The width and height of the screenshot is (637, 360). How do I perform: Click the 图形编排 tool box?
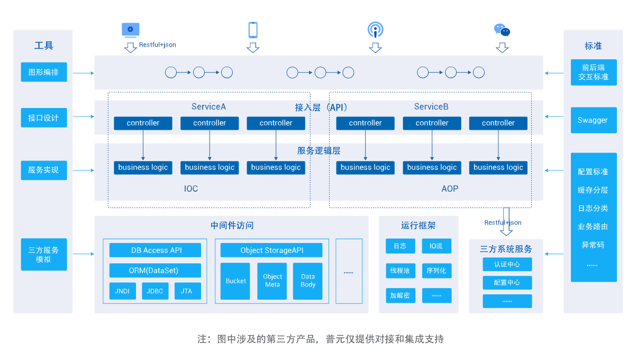pyautogui.click(x=44, y=72)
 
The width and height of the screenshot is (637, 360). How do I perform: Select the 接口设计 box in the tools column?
pyautogui.click(x=44, y=118)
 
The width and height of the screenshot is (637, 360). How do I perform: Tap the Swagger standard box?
pyautogui.click(x=593, y=120)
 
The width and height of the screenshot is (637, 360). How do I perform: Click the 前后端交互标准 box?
pyautogui.click(x=593, y=72)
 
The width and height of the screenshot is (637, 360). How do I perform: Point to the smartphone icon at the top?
pyautogui.click(x=253, y=30)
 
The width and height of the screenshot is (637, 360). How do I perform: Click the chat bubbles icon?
pyautogui.click(x=502, y=30)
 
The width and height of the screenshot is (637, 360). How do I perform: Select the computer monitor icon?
pyautogui.click(x=131, y=30)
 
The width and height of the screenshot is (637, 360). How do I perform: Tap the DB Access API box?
pyautogui.click(x=155, y=250)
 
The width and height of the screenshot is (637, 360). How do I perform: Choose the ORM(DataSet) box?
pyautogui.click(x=155, y=271)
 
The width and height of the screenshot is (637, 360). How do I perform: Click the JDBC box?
pyautogui.click(x=155, y=291)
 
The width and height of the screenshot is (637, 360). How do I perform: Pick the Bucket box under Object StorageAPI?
pyautogui.click(x=235, y=281)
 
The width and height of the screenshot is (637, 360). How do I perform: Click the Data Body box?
pyautogui.click(x=308, y=281)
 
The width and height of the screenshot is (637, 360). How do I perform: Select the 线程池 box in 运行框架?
pyautogui.click(x=400, y=271)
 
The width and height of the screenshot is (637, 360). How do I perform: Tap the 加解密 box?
pyautogui.click(x=400, y=295)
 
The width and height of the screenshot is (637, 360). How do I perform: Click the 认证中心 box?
pyautogui.click(x=507, y=264)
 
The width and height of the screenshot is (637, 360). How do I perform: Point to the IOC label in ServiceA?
pyautogui.click(x=191, y=189)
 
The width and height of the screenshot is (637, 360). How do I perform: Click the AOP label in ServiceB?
pyautogui.click(x=450, y=189)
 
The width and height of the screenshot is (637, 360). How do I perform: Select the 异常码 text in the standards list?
pyautogui.click(x=593, y=245)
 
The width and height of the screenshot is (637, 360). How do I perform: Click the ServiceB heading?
pyautogui.click(x=431, y=107)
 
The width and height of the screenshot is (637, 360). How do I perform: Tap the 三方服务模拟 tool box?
pyautogui.click(x=44, y=255)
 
